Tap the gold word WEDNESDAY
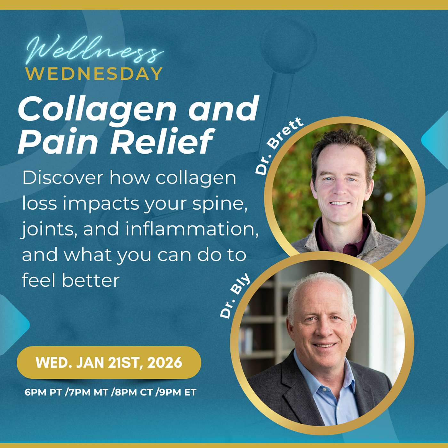(x=95, y=74)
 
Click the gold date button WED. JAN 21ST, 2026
(x=109, y=363)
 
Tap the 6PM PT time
(x=44, y=392)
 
